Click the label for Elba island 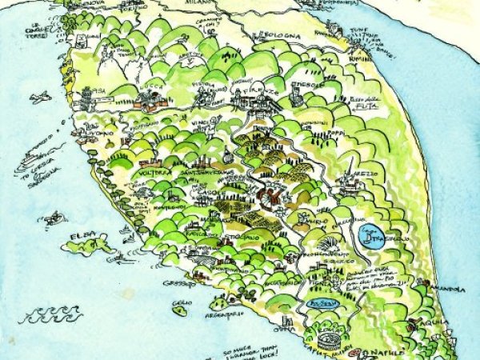[x=83, y=236]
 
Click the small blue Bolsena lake [x=323, y=305]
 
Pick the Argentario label [x=221, y=318]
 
